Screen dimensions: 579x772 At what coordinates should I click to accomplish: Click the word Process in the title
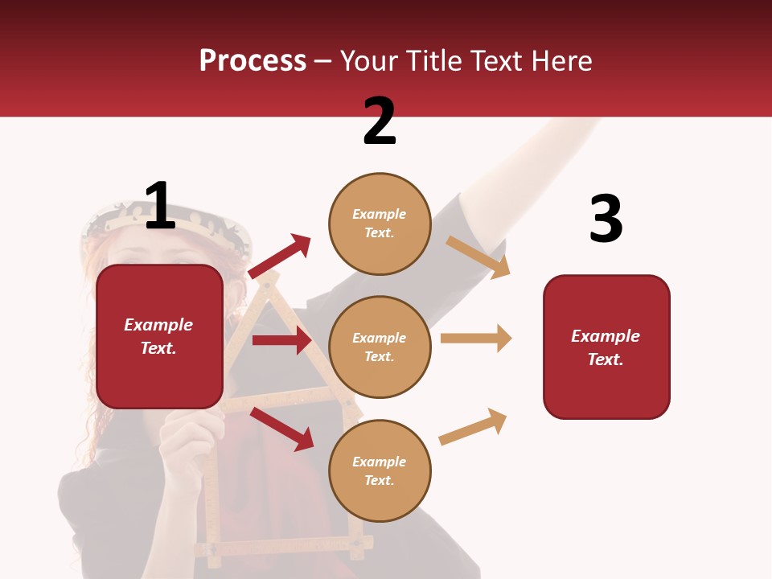click(253, 61)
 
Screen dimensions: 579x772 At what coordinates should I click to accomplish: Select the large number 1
click(160, 206)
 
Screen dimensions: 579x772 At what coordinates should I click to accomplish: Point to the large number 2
click(380, 121)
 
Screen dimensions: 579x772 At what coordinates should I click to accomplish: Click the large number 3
click(606, 219)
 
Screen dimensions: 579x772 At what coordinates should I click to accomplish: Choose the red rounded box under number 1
click(159, 336)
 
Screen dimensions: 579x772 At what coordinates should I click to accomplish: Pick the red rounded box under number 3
click(606, 347)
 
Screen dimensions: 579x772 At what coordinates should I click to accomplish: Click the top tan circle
click(380, 224)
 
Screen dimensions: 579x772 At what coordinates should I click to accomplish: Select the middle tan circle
click(380, 347)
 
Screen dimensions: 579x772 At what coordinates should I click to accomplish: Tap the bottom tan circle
click(380, 470)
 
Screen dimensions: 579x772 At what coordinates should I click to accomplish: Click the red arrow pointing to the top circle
click(280, 256)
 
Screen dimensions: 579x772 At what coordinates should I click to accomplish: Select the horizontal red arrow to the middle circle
click(281, 340)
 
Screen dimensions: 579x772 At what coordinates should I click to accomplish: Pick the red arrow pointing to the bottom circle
click(282, 428)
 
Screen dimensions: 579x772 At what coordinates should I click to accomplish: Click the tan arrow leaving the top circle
click(478, 257)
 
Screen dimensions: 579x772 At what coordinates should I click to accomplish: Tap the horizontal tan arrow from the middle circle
click(476, 338)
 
